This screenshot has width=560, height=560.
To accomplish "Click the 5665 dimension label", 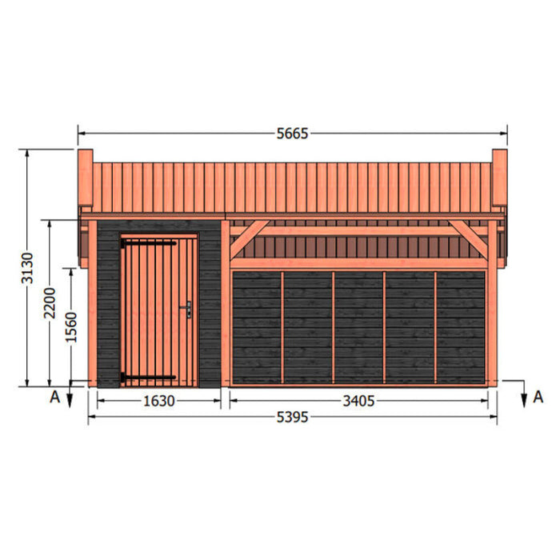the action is pos(292,134).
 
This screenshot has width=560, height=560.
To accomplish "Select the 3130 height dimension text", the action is pos(27,268).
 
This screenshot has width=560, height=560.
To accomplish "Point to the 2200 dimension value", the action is pos(50,303).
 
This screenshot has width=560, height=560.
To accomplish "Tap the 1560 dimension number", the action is pos(71,327).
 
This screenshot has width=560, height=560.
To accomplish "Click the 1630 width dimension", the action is pos(159,401).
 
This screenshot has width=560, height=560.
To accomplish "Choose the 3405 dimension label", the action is pos(358,401).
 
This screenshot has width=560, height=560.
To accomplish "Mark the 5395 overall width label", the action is pos(292,417).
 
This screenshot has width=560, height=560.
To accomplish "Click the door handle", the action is pos(186,310).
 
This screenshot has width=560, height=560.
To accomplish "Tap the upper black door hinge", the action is pos(148,243).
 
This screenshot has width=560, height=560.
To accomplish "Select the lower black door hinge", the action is pos(148,377).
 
